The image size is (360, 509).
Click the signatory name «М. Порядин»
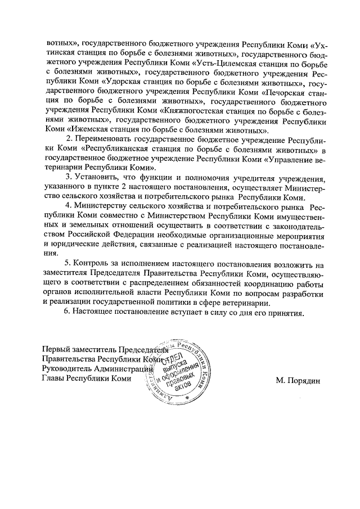(297, 381)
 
